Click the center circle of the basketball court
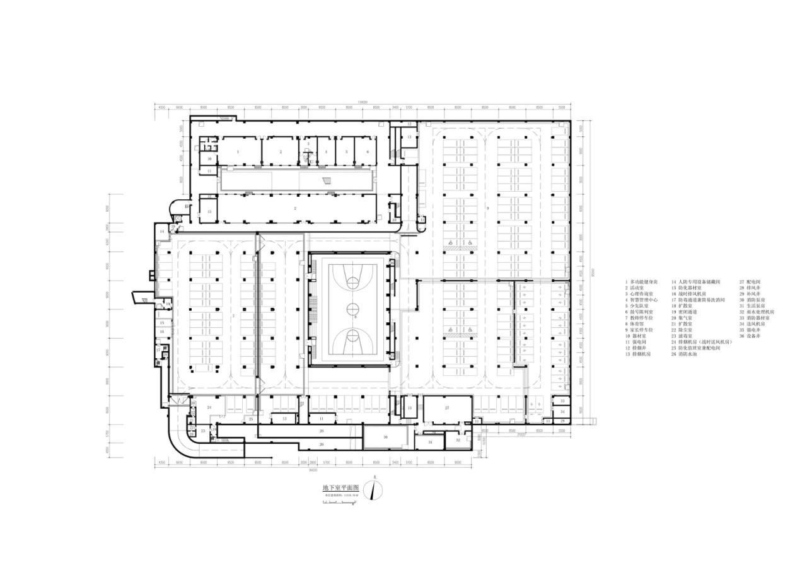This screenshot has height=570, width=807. (x=352, y=308)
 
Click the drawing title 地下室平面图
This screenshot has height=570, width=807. (x=340, y=488)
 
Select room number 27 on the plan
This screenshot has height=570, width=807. (x=447, y=409)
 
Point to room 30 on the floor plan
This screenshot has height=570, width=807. (x=385, y=437)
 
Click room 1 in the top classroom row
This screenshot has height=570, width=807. (x=238, y=152)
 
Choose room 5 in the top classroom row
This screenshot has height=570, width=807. (x=345, y=152)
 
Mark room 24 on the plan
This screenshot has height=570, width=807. (x=209, y=408)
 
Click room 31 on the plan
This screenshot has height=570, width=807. (x=430, y=443)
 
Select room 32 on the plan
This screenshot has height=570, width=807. (x=458, y=439)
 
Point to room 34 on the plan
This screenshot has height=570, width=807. (x=562, y=412)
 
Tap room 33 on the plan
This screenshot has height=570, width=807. (x=562, y=401)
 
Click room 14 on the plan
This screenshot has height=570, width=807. (x=162, y=232)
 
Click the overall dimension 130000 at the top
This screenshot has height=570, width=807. (x=363, y=103)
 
